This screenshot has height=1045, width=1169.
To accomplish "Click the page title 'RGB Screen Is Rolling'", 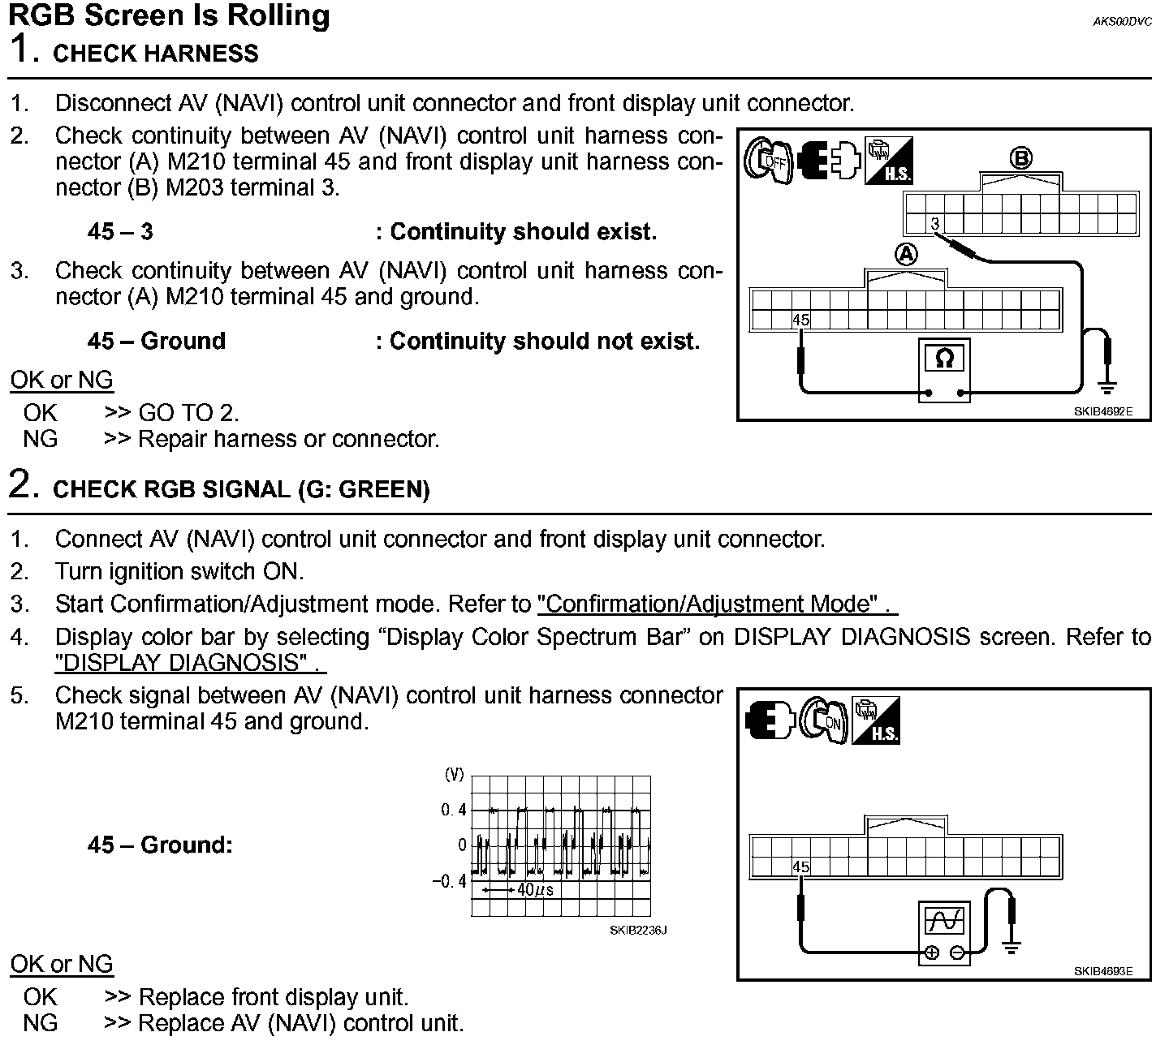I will click(x=169, y=15).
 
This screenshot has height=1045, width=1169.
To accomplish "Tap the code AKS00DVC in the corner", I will click(x=1122, y=22).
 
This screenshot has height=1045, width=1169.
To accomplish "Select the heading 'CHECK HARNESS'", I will click(x=155, y=54).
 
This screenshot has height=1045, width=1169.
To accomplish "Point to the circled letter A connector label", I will click(x=906, y=255).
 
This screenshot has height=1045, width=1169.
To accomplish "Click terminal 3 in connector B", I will click(x=935, y=223).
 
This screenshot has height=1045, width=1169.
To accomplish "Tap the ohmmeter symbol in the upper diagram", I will click(x=943, y=358).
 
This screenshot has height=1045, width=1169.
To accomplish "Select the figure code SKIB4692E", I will click(x=1102, y=411).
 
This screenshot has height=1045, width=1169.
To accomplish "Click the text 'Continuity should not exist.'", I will click(x=544, y=342).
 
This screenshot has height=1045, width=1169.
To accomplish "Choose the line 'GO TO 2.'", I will click(x=188, y=413).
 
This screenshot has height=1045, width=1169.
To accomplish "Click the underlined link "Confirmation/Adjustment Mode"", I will click(x=709, y=604).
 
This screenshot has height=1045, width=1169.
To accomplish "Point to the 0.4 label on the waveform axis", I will click(x=453, y=810).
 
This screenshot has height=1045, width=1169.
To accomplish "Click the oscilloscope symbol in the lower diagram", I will click(x=945, y=920).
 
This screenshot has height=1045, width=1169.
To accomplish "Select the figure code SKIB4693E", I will click(x=1102, y=971).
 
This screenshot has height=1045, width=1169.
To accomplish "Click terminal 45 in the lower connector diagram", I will click(x=800, y=867).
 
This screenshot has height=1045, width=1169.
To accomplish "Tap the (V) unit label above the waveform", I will click(x=454, y=775).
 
